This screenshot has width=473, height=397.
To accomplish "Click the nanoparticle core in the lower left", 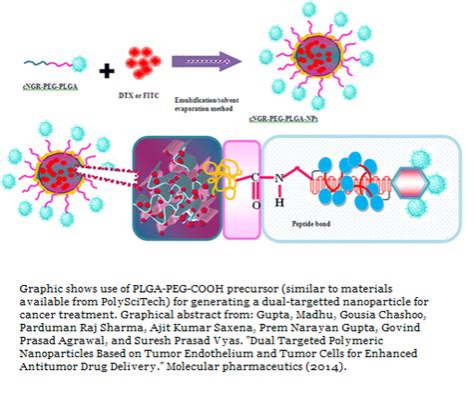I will pyautogui.click(x=49, y=167).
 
